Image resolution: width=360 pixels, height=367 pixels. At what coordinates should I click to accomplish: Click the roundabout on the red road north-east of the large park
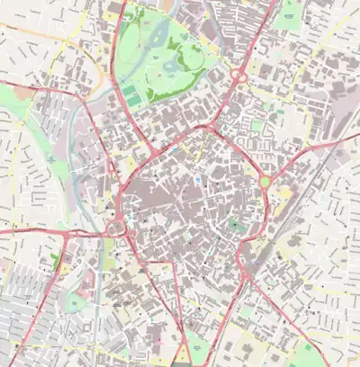click(x=239, y=77)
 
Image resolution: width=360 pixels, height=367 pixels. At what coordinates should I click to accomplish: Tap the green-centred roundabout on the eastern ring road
click(x=265, y=183)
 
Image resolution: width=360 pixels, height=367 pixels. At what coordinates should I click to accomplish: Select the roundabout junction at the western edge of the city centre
click(x=118, y=229)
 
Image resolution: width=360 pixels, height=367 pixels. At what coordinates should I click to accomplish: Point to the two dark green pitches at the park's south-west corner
click(x=131, y=93)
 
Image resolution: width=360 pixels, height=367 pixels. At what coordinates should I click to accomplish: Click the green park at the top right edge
click(x=290, y=11)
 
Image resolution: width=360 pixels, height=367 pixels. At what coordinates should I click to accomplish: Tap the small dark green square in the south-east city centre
click(x=235, y=225)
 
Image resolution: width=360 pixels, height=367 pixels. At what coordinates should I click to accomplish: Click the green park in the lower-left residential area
click(x=77, y=301)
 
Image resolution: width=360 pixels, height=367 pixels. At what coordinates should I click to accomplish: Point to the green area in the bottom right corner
click(x=310, y=354)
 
